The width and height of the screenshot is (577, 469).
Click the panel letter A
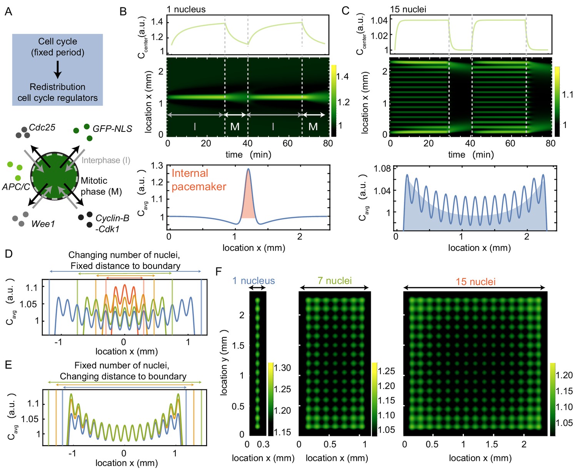pos(8,12)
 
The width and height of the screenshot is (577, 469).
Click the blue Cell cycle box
pos(58,70)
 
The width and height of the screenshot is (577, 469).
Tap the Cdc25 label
pos(42,128)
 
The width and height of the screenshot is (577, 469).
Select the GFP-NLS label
pos(112,129)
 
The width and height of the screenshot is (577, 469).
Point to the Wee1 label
pos(43,224)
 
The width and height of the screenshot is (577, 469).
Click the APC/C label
pos(16,187)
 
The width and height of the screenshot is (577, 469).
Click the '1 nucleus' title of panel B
pos(186,9)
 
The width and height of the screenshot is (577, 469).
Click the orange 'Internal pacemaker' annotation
pos(199,180)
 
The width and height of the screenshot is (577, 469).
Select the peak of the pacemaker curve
pos(248,169)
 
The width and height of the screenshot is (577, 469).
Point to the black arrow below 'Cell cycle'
pos(57,69)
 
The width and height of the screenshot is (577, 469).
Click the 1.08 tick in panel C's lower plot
pos(382,168)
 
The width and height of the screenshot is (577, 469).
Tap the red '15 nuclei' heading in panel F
pos(475,282)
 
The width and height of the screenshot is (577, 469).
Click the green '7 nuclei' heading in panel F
pos(335,281)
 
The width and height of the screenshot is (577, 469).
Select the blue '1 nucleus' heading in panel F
pos(253,281)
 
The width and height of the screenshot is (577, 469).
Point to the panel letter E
pos(8,364)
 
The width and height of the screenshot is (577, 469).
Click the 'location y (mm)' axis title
pos(224,363)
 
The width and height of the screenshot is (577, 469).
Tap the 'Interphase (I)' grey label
pos(106,160)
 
